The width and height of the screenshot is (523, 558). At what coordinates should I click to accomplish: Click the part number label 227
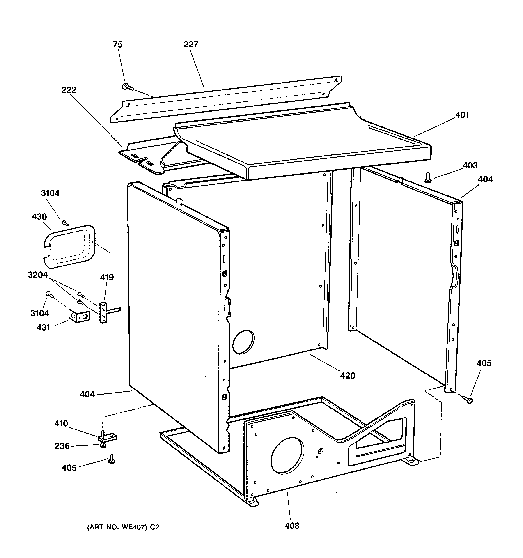191,44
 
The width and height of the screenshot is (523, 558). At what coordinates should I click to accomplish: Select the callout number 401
462,115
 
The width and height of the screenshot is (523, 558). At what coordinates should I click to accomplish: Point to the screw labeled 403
428,178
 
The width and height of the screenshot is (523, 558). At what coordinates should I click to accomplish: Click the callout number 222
69,90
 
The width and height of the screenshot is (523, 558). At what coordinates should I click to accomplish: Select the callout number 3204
38,275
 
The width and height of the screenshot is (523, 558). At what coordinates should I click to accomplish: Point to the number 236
62,446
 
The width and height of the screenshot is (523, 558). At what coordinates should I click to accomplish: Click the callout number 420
348,376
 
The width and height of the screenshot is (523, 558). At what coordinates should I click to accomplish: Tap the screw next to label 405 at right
468,400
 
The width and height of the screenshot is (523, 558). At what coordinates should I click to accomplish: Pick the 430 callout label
39,217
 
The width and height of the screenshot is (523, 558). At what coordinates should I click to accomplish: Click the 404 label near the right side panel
485,179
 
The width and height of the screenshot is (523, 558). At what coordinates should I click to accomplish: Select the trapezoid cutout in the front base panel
378,436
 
